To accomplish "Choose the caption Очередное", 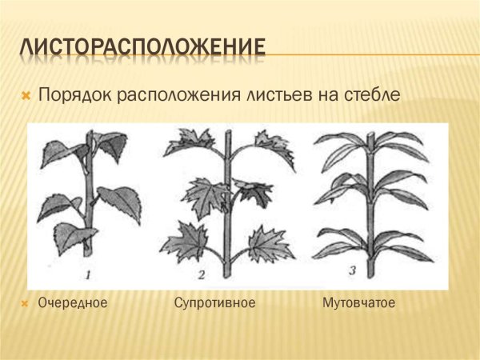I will [x=73, y=303].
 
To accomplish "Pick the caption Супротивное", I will [x=214, y=303].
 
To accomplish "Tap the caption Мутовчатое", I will [x=359, y=303].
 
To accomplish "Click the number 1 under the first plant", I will [x=89, y=276].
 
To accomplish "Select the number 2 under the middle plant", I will [x=202, y=276].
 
